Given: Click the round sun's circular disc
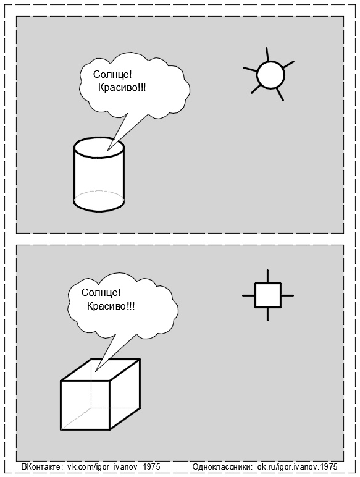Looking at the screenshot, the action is click(x=270, y=75).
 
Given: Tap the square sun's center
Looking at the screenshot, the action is click(x=267, y=295).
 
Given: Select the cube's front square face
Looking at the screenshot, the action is click(x=85, y=405).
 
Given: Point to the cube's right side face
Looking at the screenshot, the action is click(x=125, y=394).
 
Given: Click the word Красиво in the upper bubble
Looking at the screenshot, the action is click(x=122, y=88).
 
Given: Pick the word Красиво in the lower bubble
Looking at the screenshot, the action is click(x=111, y=306).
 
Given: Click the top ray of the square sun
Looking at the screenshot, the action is click(x=267, y=276).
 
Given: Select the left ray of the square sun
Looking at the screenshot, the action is click(x=248, y=295).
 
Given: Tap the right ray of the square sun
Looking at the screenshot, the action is click(x=287, y=295).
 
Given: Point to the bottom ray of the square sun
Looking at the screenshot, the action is click(x=267, y=314).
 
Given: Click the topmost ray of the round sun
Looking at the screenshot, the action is click(x=267, y=54).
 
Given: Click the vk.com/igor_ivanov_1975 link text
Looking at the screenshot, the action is click(x=113, y=466).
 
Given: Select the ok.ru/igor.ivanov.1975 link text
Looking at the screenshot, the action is click(x=298, y=466).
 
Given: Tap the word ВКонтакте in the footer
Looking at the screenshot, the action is click(x=42, y=466).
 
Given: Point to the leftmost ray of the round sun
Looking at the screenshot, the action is click(x=250, y=70).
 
